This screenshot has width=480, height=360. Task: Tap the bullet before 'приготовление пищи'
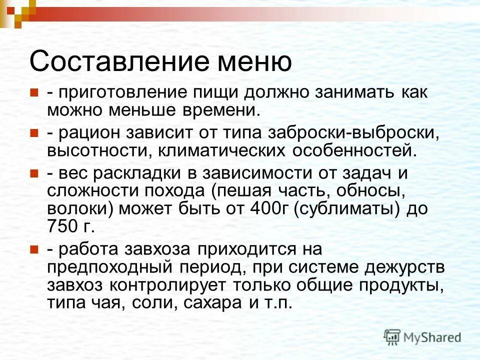pyautogui.click(x=35, y=93)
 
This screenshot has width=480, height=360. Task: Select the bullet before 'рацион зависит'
pyautogui.click(x=35, y=132)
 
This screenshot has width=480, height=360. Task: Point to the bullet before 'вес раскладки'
pyautogui.click(x=35, y=173)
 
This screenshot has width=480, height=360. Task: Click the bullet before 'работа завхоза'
pyautogui.click(x=35, y=248)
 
